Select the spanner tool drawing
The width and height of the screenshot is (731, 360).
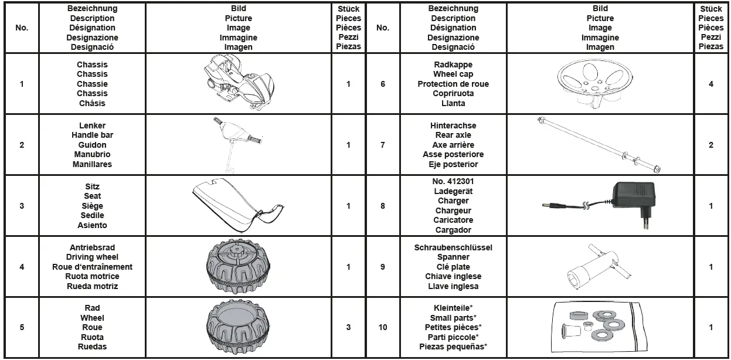(x=598, y=267)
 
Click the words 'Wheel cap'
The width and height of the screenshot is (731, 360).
(x=453, y=74)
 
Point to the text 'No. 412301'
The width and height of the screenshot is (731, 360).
(x=454, y=181)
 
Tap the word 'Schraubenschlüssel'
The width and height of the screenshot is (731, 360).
(x=453, y=247)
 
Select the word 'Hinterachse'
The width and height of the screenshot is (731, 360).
(x=453, y=125)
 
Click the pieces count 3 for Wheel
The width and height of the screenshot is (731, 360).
(x=348, y=327)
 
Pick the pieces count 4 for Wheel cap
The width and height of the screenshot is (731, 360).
(x=711, y=84)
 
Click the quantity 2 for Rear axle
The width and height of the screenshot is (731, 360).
(x=711, y=145)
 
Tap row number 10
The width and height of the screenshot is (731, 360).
(x=383, y=327)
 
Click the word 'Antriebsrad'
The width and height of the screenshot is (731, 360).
(x=93, y=247)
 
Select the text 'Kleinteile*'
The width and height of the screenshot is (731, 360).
(x=453, y=308)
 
